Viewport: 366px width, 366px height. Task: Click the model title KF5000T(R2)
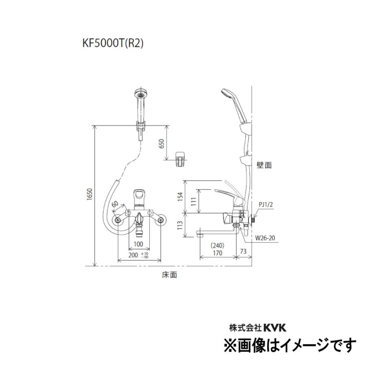(x=113, y=44)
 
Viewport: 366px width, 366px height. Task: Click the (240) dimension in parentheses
(x=218, y=246)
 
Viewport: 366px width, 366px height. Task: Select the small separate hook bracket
(x=180, y=159)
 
